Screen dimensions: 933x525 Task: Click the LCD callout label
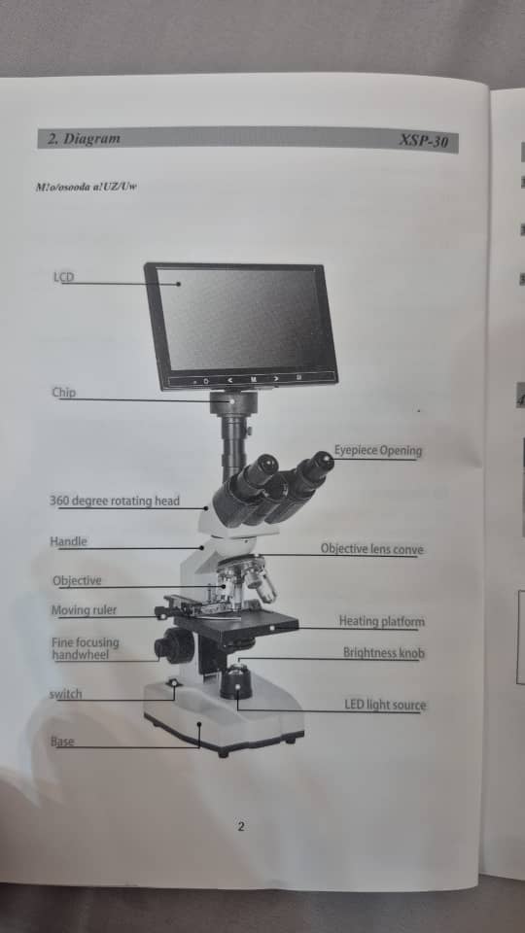coord(63,278)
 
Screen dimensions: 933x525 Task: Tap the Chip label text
coord(63,393)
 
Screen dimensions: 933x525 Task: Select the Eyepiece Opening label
coord(378,451)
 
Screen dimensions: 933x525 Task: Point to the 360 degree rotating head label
coord(115,501)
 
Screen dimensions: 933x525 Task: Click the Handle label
coord(68,541)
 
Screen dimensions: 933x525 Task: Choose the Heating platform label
coord(381,621)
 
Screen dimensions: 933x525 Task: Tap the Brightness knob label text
coord(383,653)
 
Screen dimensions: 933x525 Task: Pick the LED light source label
coord(385,705)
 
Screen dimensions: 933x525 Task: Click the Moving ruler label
coord(84,610)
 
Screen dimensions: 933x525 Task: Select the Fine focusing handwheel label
coord(86,648)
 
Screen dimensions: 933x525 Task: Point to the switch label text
coord(65,694)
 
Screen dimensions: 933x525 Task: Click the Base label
coord(62,742)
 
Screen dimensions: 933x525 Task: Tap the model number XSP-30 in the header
coord(424,142)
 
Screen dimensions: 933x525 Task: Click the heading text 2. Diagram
coord(85,138)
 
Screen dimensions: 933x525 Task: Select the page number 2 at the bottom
coord(241,827)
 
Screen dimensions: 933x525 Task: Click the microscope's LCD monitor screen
coord(243,318)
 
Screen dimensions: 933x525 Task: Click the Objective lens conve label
coord(371,549)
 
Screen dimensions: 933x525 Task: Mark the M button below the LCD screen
coord(253,378)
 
